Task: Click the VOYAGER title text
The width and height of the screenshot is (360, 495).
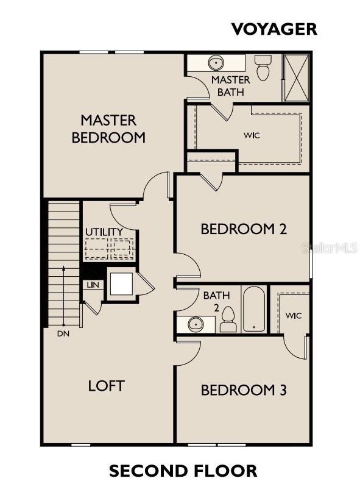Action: (274, 29)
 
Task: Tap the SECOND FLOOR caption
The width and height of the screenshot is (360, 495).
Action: (183, 471)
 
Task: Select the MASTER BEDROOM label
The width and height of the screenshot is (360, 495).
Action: (108, 128)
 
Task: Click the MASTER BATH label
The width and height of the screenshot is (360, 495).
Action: (230, 86)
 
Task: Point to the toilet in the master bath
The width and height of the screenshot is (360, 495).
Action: (263, 68)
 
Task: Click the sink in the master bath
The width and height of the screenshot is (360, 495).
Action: (216, 63)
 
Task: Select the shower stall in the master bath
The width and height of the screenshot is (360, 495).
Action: (297, 77)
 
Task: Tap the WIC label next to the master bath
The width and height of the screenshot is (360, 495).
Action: (252, 135)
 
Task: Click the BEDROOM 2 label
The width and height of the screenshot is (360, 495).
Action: (244, 229)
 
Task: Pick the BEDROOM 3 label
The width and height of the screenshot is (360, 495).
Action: (244, 390)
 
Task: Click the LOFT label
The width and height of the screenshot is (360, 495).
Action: (107, 385)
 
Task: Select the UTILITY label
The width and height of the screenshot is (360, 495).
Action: (104, 232)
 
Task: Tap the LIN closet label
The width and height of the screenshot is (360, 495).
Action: (93, 285)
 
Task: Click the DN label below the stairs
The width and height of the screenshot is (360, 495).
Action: (63, 333)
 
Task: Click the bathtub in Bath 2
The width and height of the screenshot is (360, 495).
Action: (253, 309)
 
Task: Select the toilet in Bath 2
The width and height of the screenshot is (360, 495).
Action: (228, 319)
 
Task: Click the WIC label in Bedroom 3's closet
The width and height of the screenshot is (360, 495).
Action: (294, 316)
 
